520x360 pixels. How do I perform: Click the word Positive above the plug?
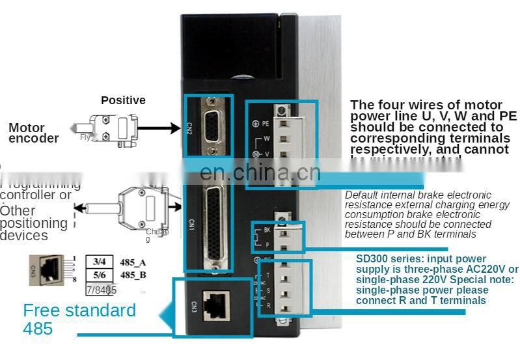(x=123, y=100)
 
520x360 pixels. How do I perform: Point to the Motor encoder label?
(x=33, y=133)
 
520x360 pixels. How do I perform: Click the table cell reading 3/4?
(x=100, y=262)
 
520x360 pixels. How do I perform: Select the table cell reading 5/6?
(x=100, y=275)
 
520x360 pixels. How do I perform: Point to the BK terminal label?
(x=267, y=230)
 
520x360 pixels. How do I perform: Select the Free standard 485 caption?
(x=79, y=318)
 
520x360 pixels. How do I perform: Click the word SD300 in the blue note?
(x=372, y=258)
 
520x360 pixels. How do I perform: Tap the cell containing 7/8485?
(x=101, y=289)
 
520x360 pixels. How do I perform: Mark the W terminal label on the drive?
(x=267, y=138)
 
